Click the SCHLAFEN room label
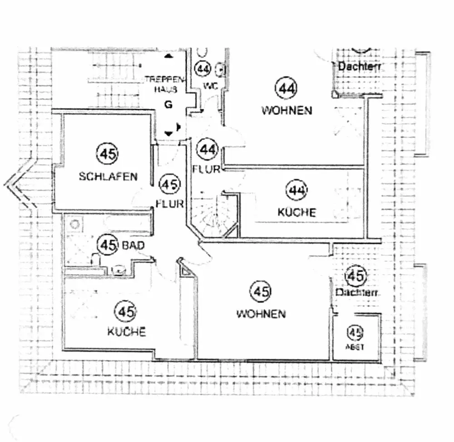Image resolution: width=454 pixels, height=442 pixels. (x=108, y=177)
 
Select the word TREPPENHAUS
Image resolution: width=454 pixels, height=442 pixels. (x=165, y=84)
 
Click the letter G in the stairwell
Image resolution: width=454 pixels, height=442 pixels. (x=168, y=105)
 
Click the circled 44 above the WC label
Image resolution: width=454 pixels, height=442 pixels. (x=202, y=69)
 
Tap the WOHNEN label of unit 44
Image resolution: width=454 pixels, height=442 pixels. (x=286, y=110)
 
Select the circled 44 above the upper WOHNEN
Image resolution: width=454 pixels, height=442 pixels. (x=286, y=88)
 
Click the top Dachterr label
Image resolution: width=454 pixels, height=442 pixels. (x=359, y=67)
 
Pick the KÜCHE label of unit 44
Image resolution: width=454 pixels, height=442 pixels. (x=297, y=212)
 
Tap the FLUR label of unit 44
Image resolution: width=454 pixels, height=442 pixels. (x=206, y=170)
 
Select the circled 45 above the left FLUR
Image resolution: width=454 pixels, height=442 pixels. (x=170, y=185)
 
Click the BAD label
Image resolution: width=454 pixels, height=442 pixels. (x=133, y=246)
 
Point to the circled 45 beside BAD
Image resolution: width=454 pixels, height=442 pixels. (x=108, y=246)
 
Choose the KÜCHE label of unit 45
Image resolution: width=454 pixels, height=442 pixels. (x=127, y=332)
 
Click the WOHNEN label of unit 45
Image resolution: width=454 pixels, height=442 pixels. (x=261, y=314)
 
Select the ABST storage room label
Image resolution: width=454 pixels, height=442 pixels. (x=355, y=347)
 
